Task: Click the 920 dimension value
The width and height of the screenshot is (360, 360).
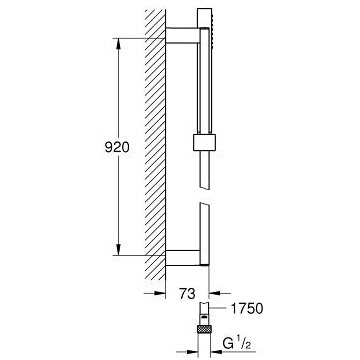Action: [x=117, y=147]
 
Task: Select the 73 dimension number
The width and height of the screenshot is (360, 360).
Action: [x=187, y=294]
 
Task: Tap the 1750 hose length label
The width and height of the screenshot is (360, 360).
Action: [x=247, y=309]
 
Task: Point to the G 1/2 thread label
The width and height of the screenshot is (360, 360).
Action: [x=237, y=344]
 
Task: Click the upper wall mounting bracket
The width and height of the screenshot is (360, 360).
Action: [x=183, y=36]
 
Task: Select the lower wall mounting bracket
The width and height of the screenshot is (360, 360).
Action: [x=183, y=257]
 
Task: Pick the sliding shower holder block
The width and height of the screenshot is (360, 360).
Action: [x=204, y=142]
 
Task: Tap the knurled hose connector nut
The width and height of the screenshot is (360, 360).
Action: [x=204, y=329]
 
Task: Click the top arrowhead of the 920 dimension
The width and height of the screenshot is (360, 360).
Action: [x=118, y=44]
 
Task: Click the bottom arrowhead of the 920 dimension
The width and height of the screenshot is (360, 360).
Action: [x=118, y=249]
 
